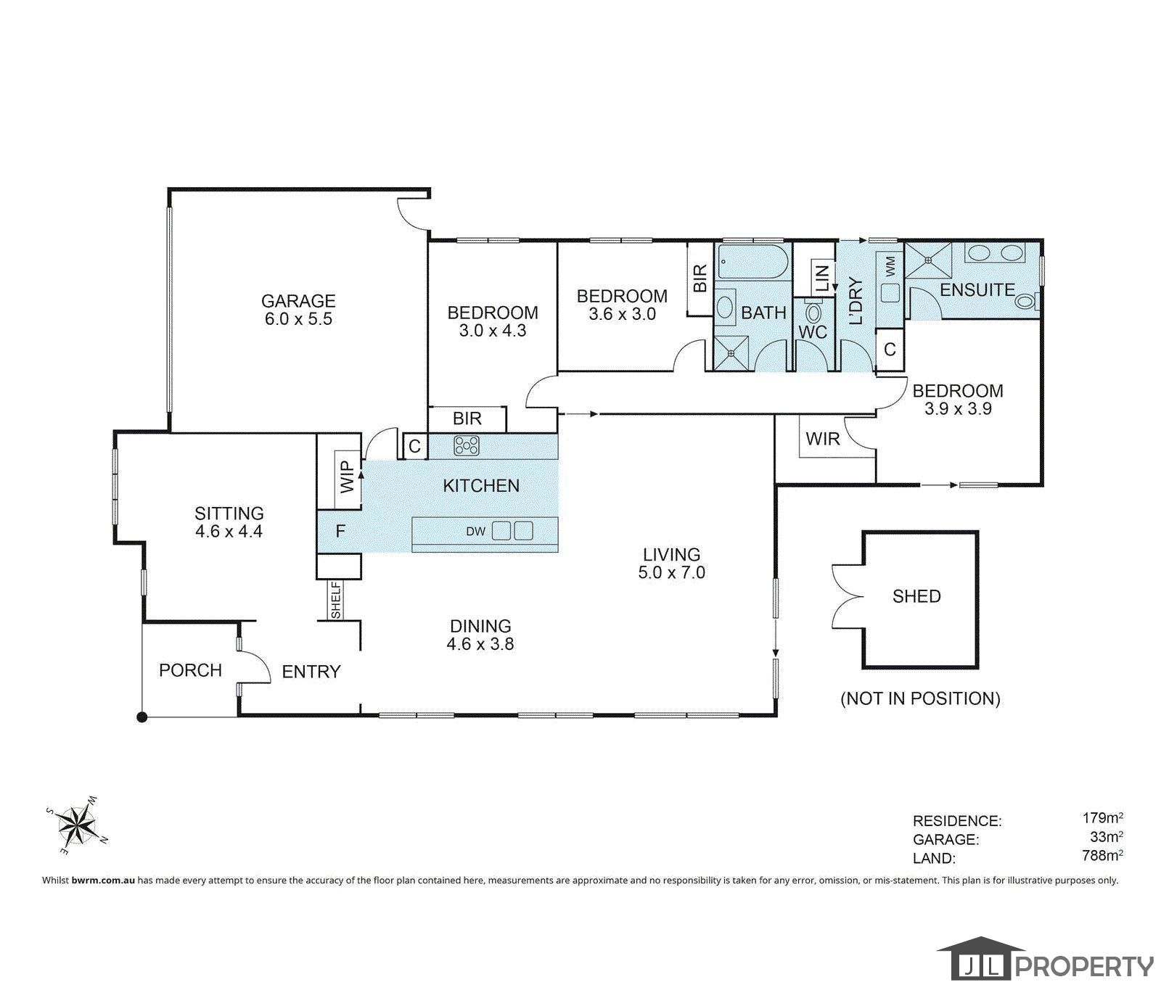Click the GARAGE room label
click(x=298, y=300)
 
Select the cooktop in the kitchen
click(x=467, y=445)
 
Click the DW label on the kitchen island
click(x=475, y=532)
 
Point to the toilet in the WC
click(x=813, y=313)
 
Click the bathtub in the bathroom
click(x=752, y=263)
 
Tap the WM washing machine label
click(x=890, y=265)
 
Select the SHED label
click(x=916, y=596)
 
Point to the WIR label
click(x=823, y=439)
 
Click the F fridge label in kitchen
click(x=340, y=532)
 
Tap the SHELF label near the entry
click(x=336, y=601)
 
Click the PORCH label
click(x=190, y=670)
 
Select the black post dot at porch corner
click(x=142, y=717)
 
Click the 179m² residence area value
click(x=1103, y=818)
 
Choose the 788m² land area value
click(x=1103, y=856)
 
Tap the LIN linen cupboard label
click(x=822, y=278)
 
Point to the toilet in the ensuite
click(x=1027, y=300)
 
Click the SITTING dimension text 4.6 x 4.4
click(x=229, y=532)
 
